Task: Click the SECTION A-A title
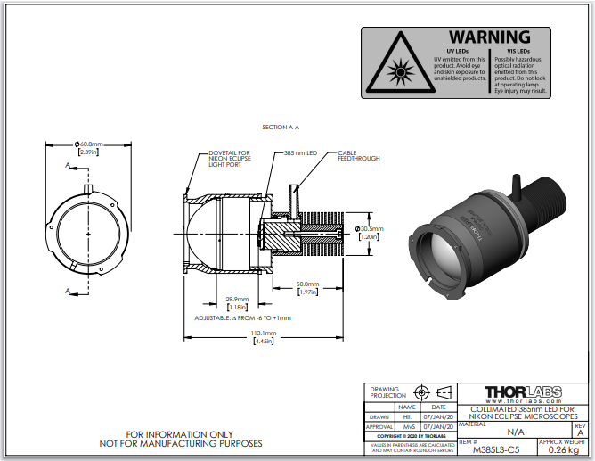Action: [x=281, y=128]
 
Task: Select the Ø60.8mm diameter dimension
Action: [x=89, y=144]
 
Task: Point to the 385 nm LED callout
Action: [x=301, y=153]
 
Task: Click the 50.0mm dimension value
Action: [x=307, y=284]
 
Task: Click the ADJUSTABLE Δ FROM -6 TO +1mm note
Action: [x=242, y=317]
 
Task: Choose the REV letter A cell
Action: [x=580, y=432]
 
